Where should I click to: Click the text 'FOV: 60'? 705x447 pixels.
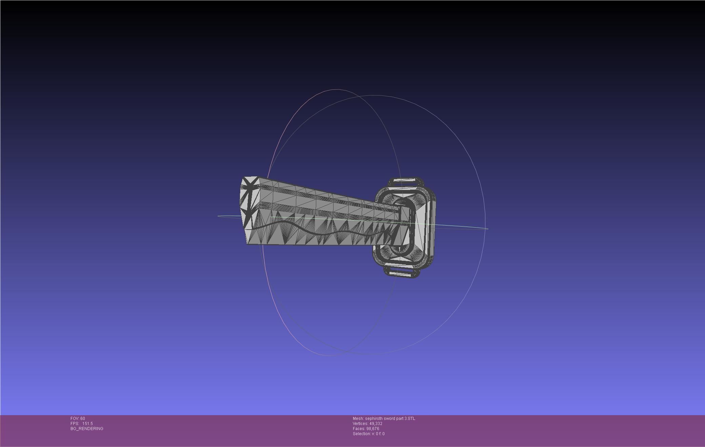(x=78, y=419)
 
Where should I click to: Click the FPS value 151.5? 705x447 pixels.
(x=87, y=424)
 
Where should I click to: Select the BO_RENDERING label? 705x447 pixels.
(x=87, y=429)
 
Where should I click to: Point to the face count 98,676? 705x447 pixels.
(x=372, y=429)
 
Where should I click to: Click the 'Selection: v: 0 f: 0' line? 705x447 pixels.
(x=368, y=434)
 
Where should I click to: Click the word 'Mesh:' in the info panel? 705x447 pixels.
(x=358, y=419)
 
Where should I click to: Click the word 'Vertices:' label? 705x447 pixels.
(x=360, y=424)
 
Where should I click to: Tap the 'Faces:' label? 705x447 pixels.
(x=359, y=429)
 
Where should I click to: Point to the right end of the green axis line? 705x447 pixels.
(x=487, y=229)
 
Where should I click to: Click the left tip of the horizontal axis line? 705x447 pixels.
(x=219, y=216)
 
